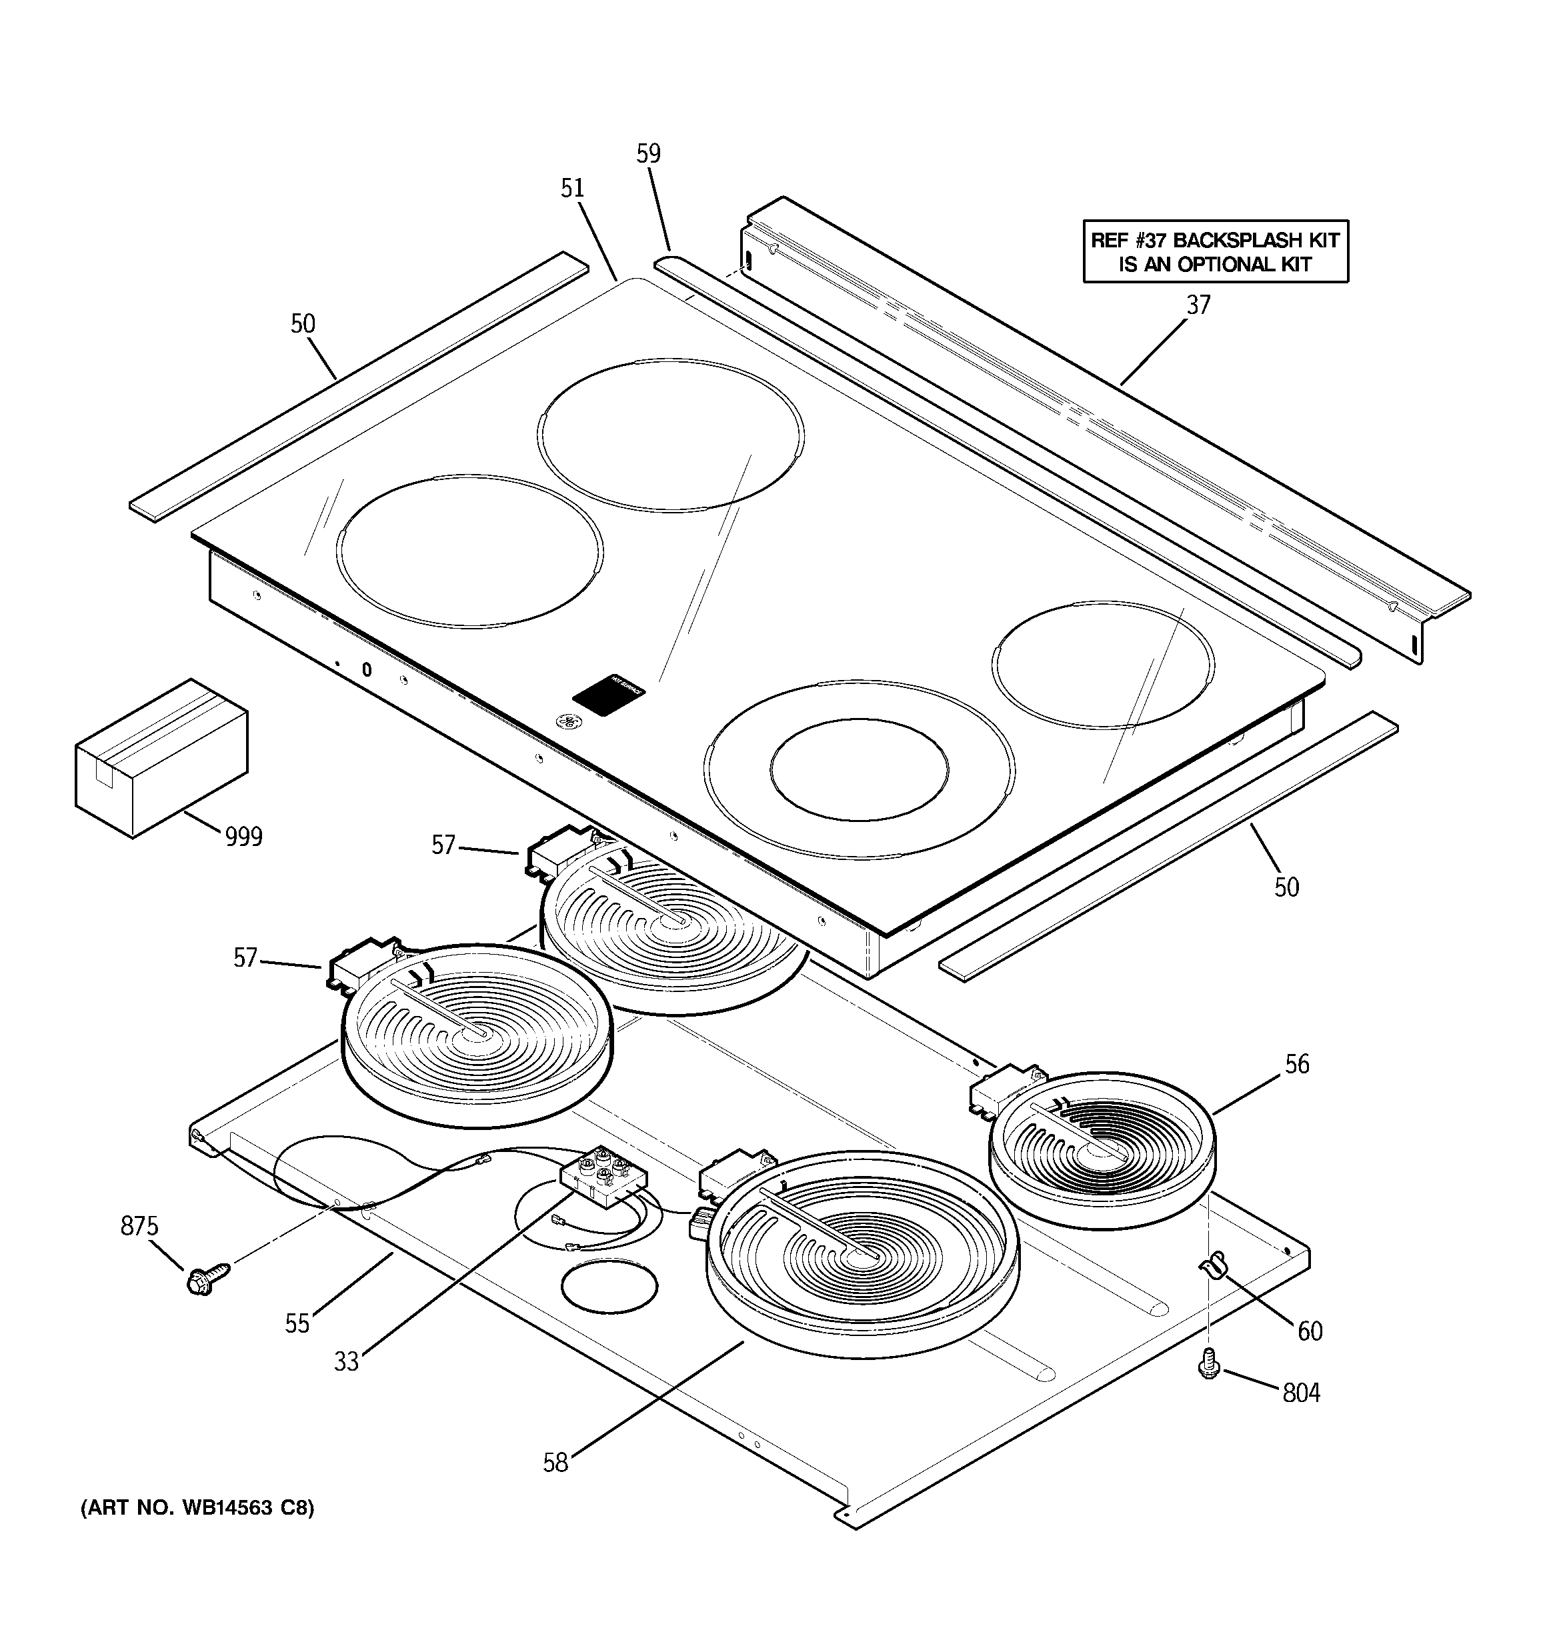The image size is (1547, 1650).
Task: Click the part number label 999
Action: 244,837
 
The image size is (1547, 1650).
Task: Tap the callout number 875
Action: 139,1226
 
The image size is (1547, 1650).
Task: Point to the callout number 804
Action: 1301,1392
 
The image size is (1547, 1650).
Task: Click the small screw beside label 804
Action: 1209,1363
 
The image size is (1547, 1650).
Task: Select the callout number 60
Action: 1310,1331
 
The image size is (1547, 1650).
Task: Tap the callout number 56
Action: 1297,1064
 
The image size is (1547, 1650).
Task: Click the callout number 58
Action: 555,1463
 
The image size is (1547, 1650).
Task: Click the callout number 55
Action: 297,1323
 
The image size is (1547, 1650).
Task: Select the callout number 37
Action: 1198,305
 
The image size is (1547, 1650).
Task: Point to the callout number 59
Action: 649,153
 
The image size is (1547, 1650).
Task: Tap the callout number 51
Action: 572,189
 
